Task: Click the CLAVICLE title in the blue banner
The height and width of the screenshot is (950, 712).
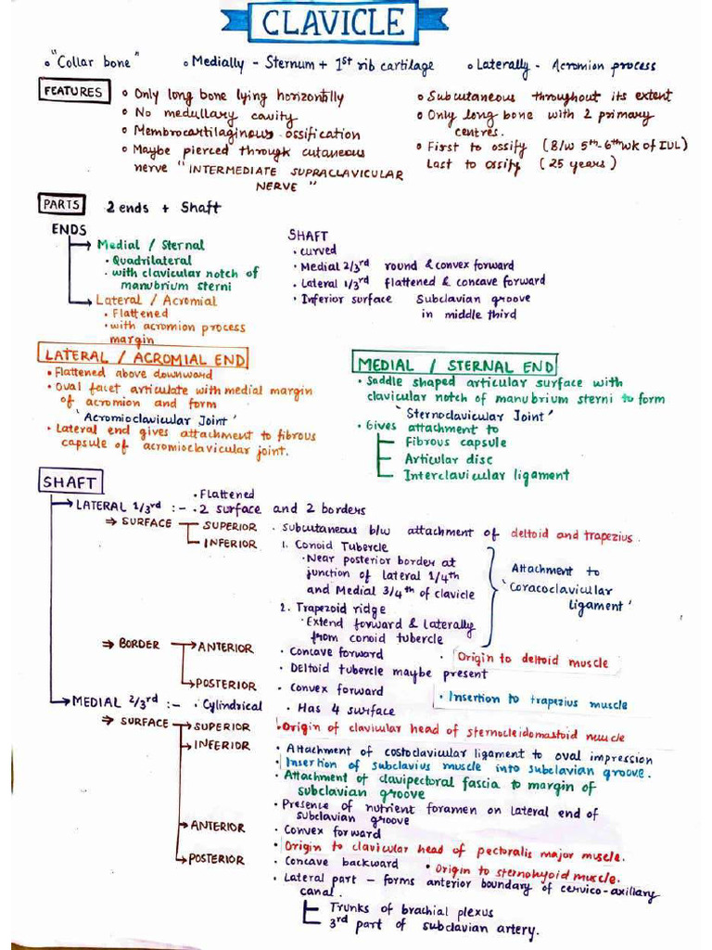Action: tap(334, 23)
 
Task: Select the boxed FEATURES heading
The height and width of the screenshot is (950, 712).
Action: tap(72, 91)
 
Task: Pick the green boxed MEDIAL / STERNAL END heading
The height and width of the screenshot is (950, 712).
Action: tap(455, 365)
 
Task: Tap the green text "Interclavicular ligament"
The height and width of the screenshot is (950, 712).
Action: tap(487, 475)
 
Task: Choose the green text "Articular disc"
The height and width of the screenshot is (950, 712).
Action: tap(449, 459)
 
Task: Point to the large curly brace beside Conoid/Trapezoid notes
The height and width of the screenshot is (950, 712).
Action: tap(488, 591)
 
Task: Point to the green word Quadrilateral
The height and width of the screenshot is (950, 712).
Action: tap(153, 261)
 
